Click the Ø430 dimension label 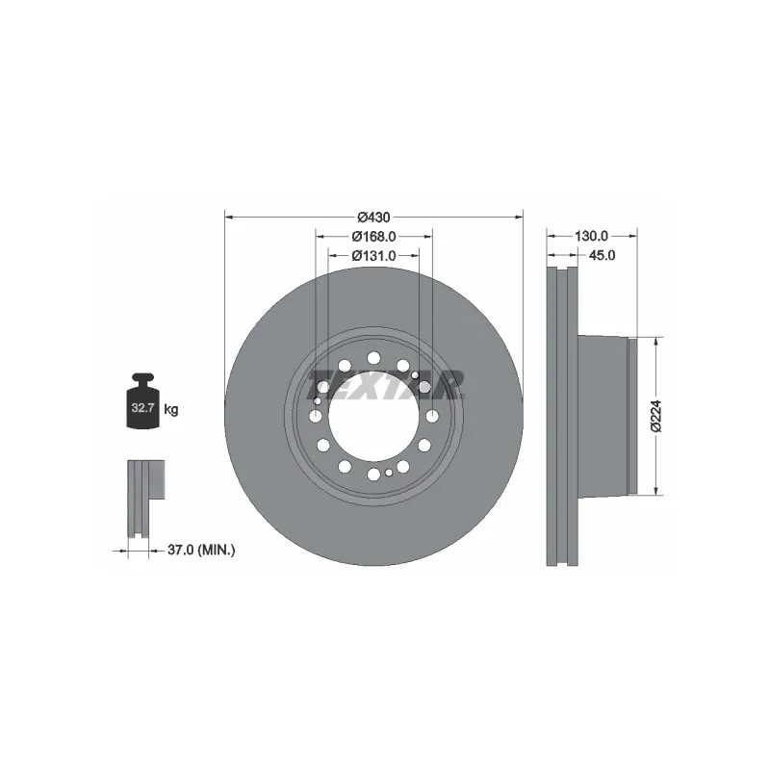tap(372, 218)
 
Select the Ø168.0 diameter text tap(373, 237)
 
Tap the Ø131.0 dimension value tap(373, 256)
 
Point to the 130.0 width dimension tap(592, 236)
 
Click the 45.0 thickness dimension tap(601, 256)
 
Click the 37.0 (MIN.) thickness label tap(201, 551)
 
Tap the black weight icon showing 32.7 tap(141, 406)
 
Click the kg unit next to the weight tap(171, 410)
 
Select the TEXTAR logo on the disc tap(385, 385)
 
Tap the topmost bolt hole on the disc tap(372, 358)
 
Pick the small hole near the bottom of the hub tap(388, 473)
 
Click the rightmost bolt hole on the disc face tap(431, 415)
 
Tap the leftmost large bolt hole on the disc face tap(315, 415)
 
